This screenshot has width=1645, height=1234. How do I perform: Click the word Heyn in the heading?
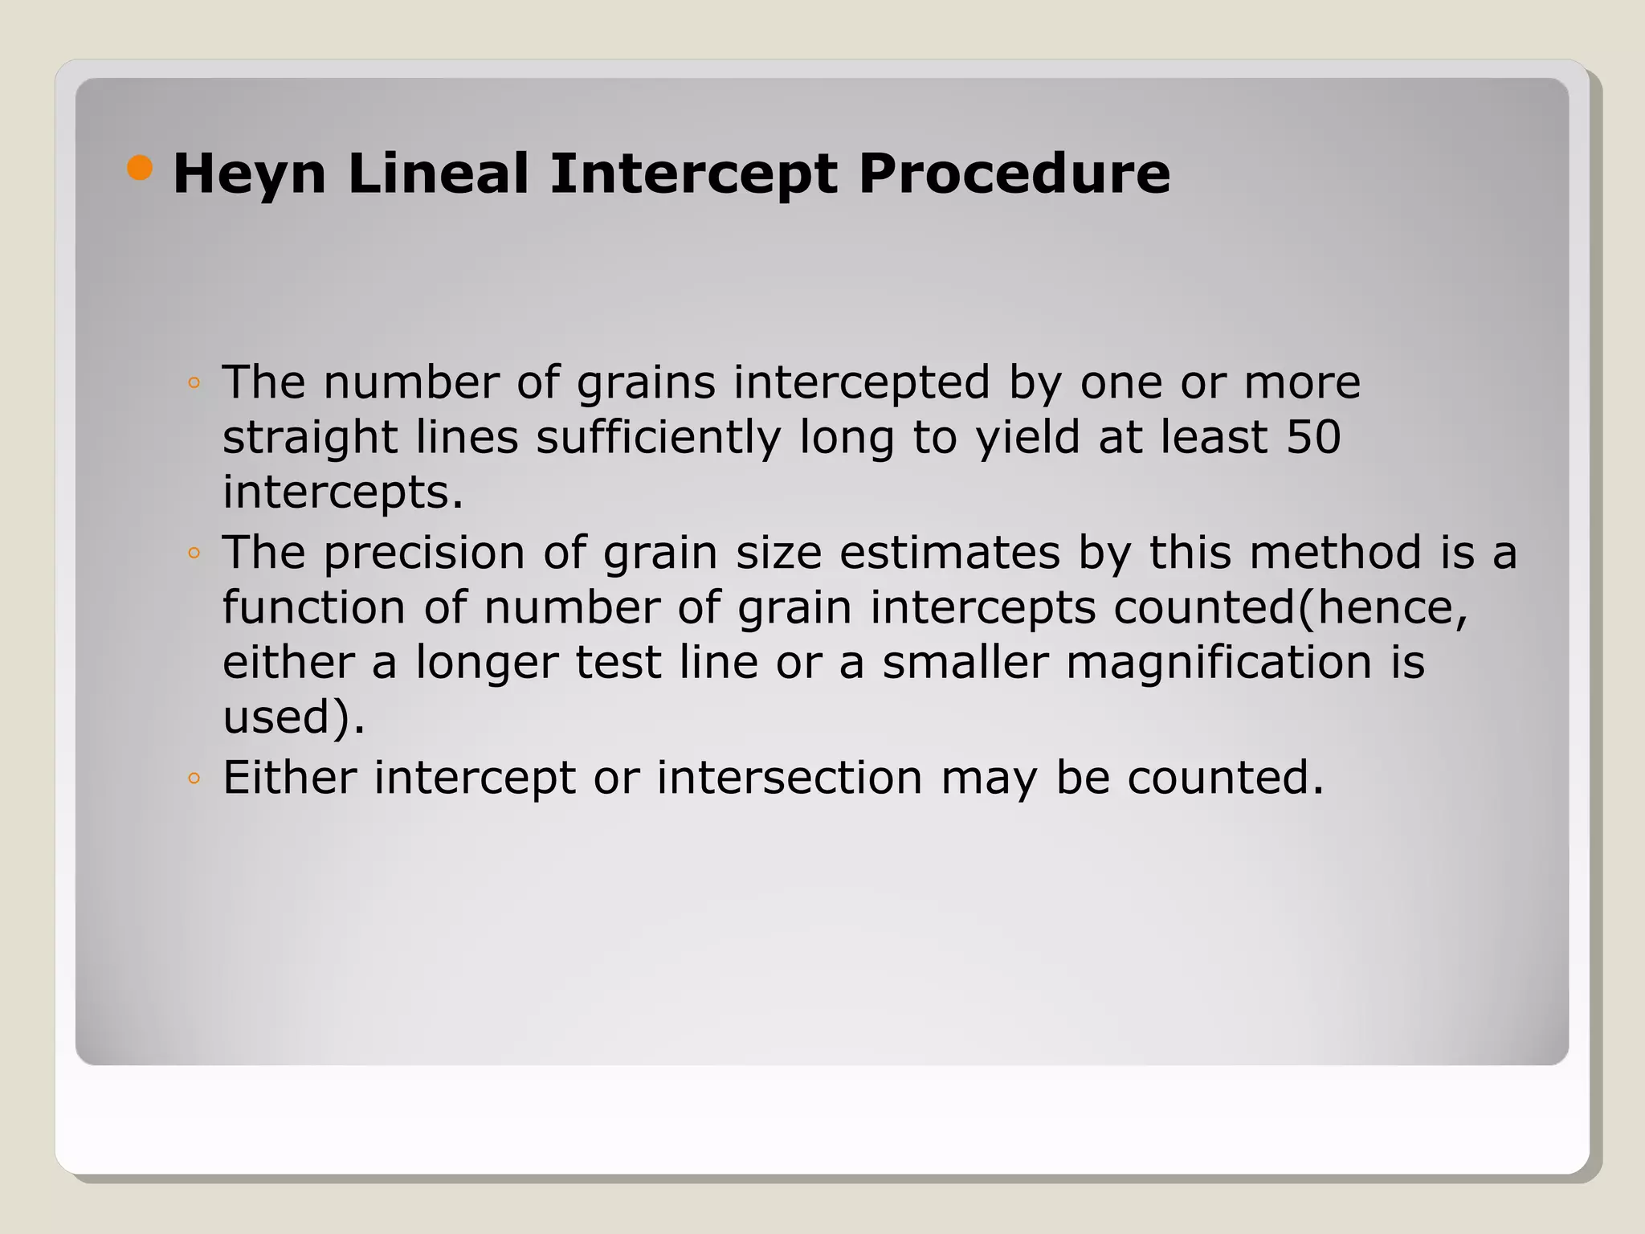pyautogui.click(x=249, y=174)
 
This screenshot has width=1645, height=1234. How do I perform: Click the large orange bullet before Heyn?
pyautogui.click(x=140, y=169)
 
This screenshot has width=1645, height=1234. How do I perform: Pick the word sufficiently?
pyautogui.click(x=659, y=439)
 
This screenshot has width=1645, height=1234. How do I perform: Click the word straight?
pyautogui.click(x=309, y=439)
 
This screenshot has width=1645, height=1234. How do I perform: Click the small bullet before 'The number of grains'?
pyautogui.click(x=194, y=382)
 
